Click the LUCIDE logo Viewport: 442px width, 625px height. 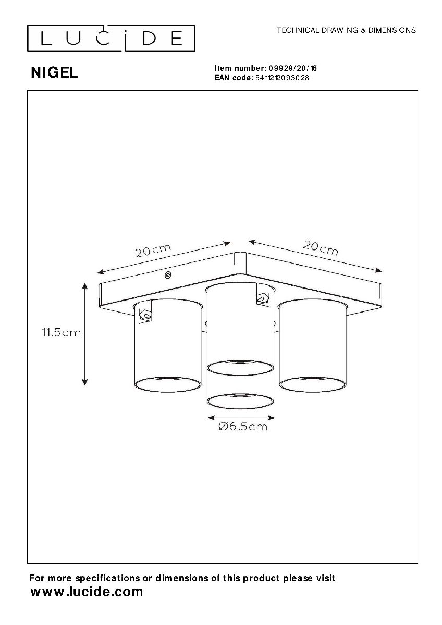[x=111, y=38]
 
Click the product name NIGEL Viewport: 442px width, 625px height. [x=54, y=73]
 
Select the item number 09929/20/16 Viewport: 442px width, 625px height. [x=292, y=68]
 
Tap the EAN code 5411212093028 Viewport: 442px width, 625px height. [x=283, y=78]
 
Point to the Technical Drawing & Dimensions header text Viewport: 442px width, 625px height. [x=346, y=30]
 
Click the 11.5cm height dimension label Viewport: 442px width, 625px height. [x=61, y=333]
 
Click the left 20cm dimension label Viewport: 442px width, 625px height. [x=153, y=251]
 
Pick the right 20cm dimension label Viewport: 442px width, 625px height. [x=321, y=248]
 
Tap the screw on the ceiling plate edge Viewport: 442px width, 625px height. [x=168, y=275]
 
